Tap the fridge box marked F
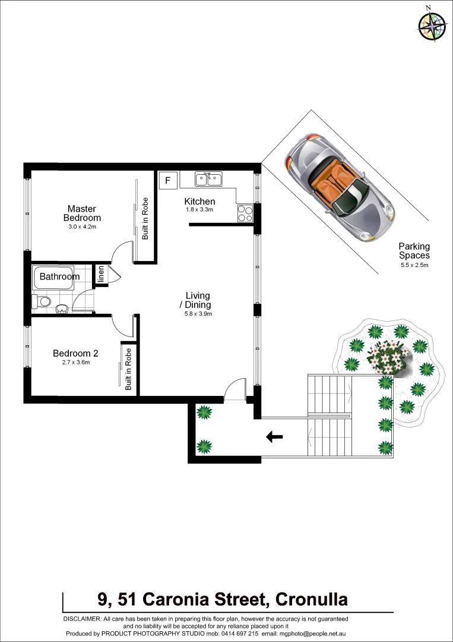coord(167,180)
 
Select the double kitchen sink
coord(209,178)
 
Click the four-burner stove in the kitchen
coord(245,213)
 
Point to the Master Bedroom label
coord(82,213)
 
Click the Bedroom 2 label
coord(75,353)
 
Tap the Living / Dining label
coord(198,300)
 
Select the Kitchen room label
coord(199,202)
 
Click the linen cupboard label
coord(101,275)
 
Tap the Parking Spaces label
coord(414,251)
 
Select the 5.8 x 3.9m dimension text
coord(198,314)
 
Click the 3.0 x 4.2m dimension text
coord(82,226)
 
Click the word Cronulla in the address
coord(308,599)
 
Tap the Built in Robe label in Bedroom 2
coord(128,369)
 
